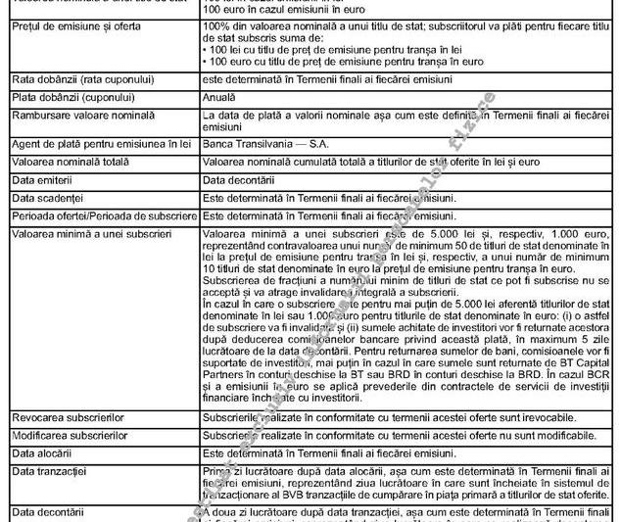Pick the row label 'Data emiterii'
click(x=41, y=180)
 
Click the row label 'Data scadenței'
click(x=45, y=198)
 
